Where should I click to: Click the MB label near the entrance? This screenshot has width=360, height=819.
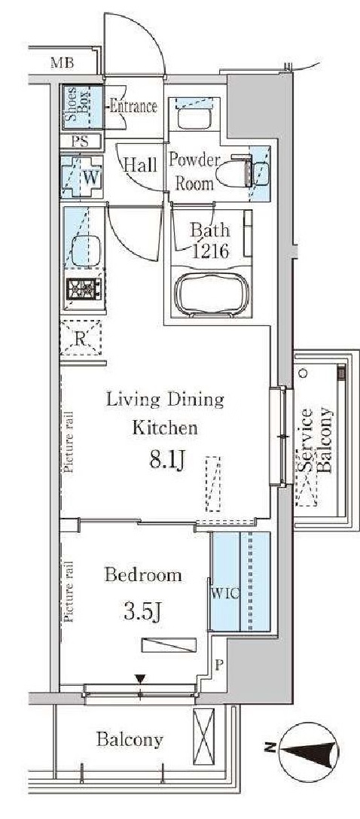click(x=62, y=64)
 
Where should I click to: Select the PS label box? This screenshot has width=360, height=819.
click(x=81, y=142)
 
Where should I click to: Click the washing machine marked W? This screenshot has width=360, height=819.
click(x=82, y=177)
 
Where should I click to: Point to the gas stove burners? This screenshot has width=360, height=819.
click(x=84, y=289)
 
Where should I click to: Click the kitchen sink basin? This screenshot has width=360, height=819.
click(x=85, y=251)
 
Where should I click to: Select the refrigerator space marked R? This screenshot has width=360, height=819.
click(x=81, y=337)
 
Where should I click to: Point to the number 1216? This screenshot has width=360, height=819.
click(x=210, y=251)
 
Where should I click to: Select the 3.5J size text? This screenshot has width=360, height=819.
click(x=142, y=610)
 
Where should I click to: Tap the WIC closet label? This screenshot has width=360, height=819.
click(x=224, y=594)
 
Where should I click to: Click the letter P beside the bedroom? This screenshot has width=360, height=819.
click(x=219, y=664)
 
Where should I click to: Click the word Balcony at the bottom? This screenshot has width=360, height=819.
click(x=130, y=740)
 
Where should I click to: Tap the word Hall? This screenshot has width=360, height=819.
click(x=139, y=166)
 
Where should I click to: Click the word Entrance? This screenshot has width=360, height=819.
click(x=133, y=107)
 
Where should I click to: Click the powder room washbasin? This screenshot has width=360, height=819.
click(x=194, y=117)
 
